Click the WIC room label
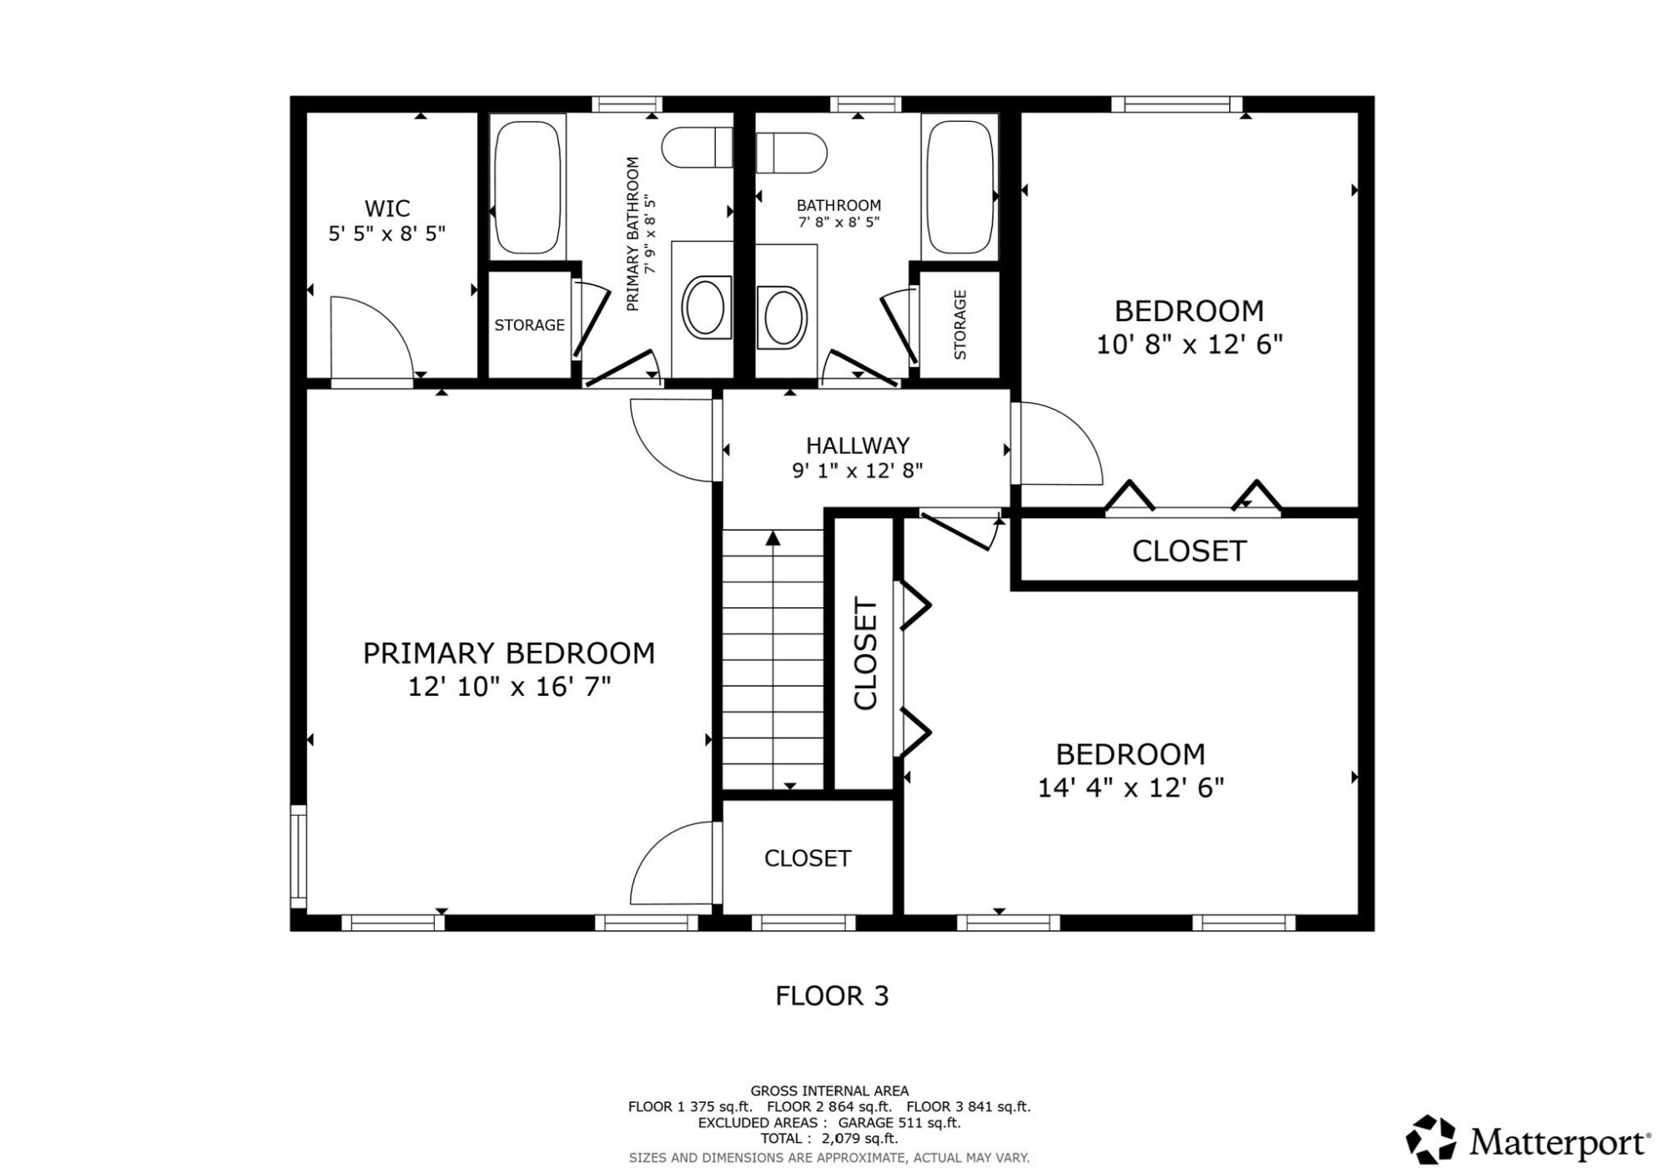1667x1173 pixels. pos(386,208)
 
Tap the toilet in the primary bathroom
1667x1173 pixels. pos(696,148)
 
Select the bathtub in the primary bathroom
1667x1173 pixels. pos(526,187)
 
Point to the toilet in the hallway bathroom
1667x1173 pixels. pos(791,153)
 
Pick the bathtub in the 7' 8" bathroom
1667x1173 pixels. pos(960,187)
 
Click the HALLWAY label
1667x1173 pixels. pos(857,446)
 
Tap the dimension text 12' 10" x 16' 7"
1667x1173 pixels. pos(509,687)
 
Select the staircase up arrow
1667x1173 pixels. pos(773,539)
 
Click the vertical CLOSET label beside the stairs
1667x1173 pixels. pos(865,653)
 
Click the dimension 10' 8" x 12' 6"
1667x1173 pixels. pos(1188,345)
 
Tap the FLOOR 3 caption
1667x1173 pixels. pos(832,995)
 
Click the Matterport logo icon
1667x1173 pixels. pos(1431,1139)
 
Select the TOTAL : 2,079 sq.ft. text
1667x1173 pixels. pos(828,1138)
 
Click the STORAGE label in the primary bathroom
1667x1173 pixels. pos(529,325)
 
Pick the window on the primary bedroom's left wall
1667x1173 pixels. pos(298,855)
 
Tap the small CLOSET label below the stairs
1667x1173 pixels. pos(807,858)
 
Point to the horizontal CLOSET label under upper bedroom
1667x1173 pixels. pos(1188,551)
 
